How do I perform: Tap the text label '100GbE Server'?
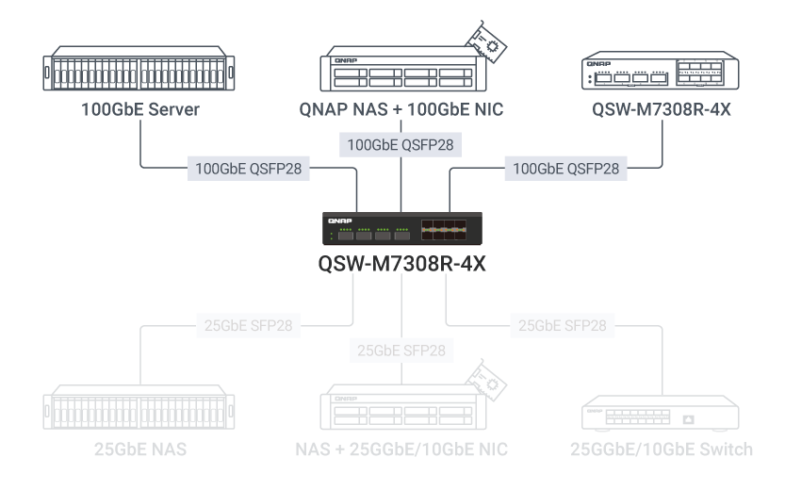(x=139, y=110)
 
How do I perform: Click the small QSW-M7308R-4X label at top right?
(x=662, y=110)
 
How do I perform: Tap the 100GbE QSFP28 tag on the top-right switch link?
(x=565, y=170)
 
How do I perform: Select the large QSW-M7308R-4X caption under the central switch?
(x=402, y=264)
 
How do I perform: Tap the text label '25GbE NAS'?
(x=139, y=449)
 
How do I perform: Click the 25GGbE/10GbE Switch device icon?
(x=662, y=416)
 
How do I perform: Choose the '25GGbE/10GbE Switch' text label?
(x=662, y=449)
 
